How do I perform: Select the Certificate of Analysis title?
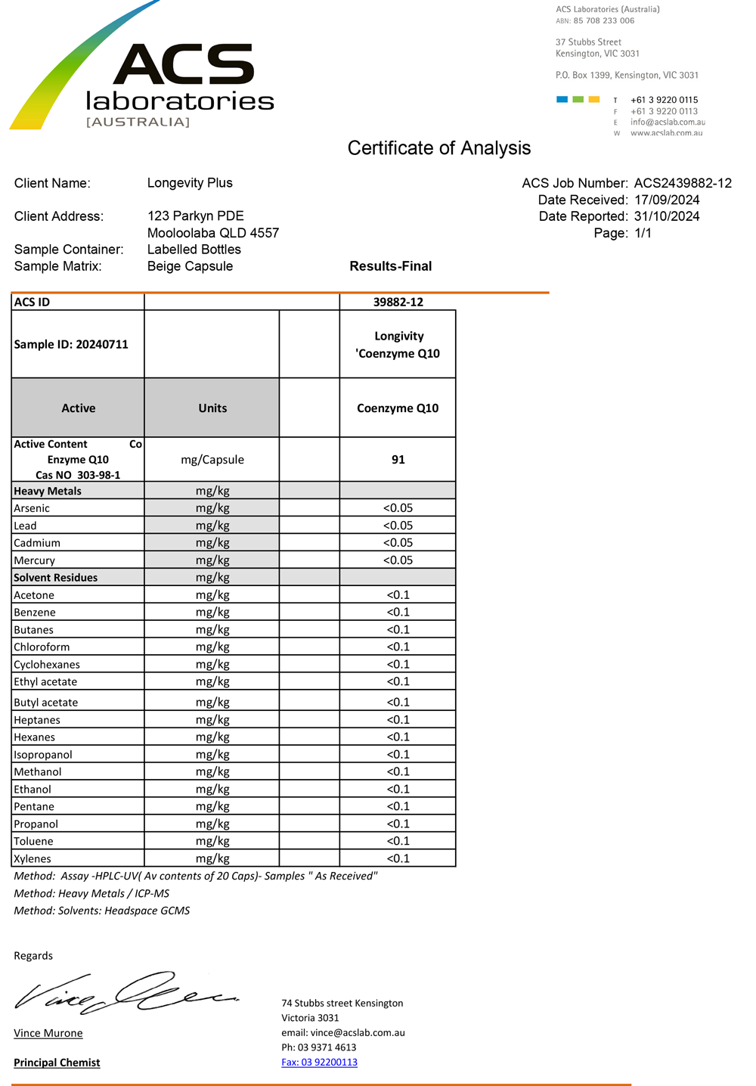click(x=438, y=148)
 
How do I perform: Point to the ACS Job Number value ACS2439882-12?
click(x=683, y=183)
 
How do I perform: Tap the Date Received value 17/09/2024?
click(x=667, y=200)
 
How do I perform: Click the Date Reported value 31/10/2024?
click(x=667, y=216)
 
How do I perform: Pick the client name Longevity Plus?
click(x=190, y=183)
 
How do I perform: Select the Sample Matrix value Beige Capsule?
click(x=190, y=266)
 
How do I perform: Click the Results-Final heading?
click(x=390, y=266)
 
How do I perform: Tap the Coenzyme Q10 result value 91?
click(x=398, y=460)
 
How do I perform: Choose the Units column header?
click(x=212, y=408)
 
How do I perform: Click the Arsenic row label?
click(x=32, y=508)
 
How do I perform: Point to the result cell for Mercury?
click(x=398, y=560)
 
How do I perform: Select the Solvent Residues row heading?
click(x=56, y=578)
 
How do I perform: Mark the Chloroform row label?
click(x=42, y=647)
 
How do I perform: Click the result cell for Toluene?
click(x=398, y=841)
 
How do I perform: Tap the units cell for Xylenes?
click(x=212, y=858)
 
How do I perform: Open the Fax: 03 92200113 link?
click(x=319, y=1063)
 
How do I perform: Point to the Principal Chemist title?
click(x=57, y=1063)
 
